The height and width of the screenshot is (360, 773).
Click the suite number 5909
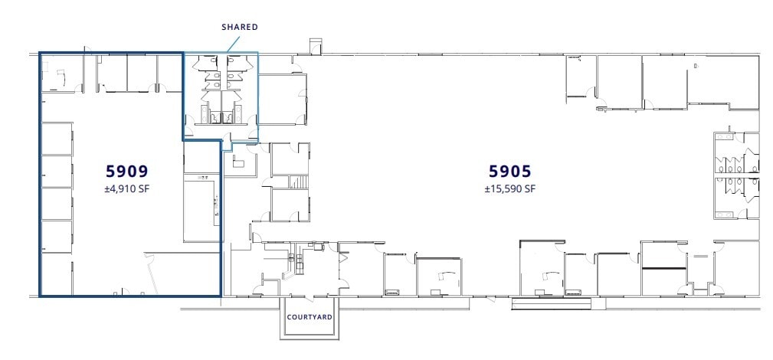pos(126,170)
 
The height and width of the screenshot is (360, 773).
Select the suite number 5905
pos(509,170)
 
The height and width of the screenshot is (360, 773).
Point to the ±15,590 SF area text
pos(509,188)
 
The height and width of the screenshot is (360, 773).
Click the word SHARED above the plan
pos(240,27)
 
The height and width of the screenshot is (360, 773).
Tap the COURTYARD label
pos(309,316)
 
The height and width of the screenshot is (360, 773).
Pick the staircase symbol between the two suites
pos(300,182)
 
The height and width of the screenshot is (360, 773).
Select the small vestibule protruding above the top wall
pos(316,45)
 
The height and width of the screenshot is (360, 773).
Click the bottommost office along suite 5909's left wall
pos(56,274)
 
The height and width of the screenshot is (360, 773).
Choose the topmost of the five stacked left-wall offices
pos(56,139)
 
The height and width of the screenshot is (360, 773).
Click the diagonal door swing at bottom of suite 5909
pos(152,274)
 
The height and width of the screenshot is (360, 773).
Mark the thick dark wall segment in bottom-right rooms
pos(663,268)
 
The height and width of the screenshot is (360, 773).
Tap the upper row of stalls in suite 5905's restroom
pos(735,163)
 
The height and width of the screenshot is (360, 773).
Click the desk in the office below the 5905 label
pos(545,276)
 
